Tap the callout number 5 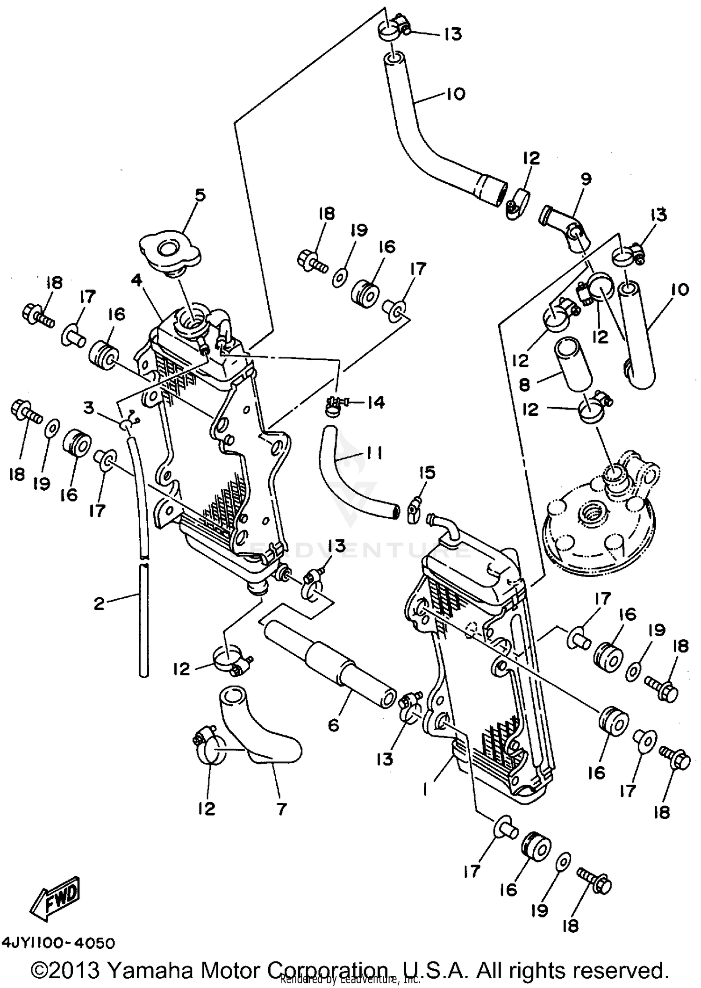pos(200,194)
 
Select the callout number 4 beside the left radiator pos(136,280)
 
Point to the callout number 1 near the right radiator pos(425,789)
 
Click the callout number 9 pos(586,179)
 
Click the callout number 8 pos(524,384)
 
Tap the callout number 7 pos(281,808)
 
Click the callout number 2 pos(99,604)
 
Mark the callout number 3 pos(89,408)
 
